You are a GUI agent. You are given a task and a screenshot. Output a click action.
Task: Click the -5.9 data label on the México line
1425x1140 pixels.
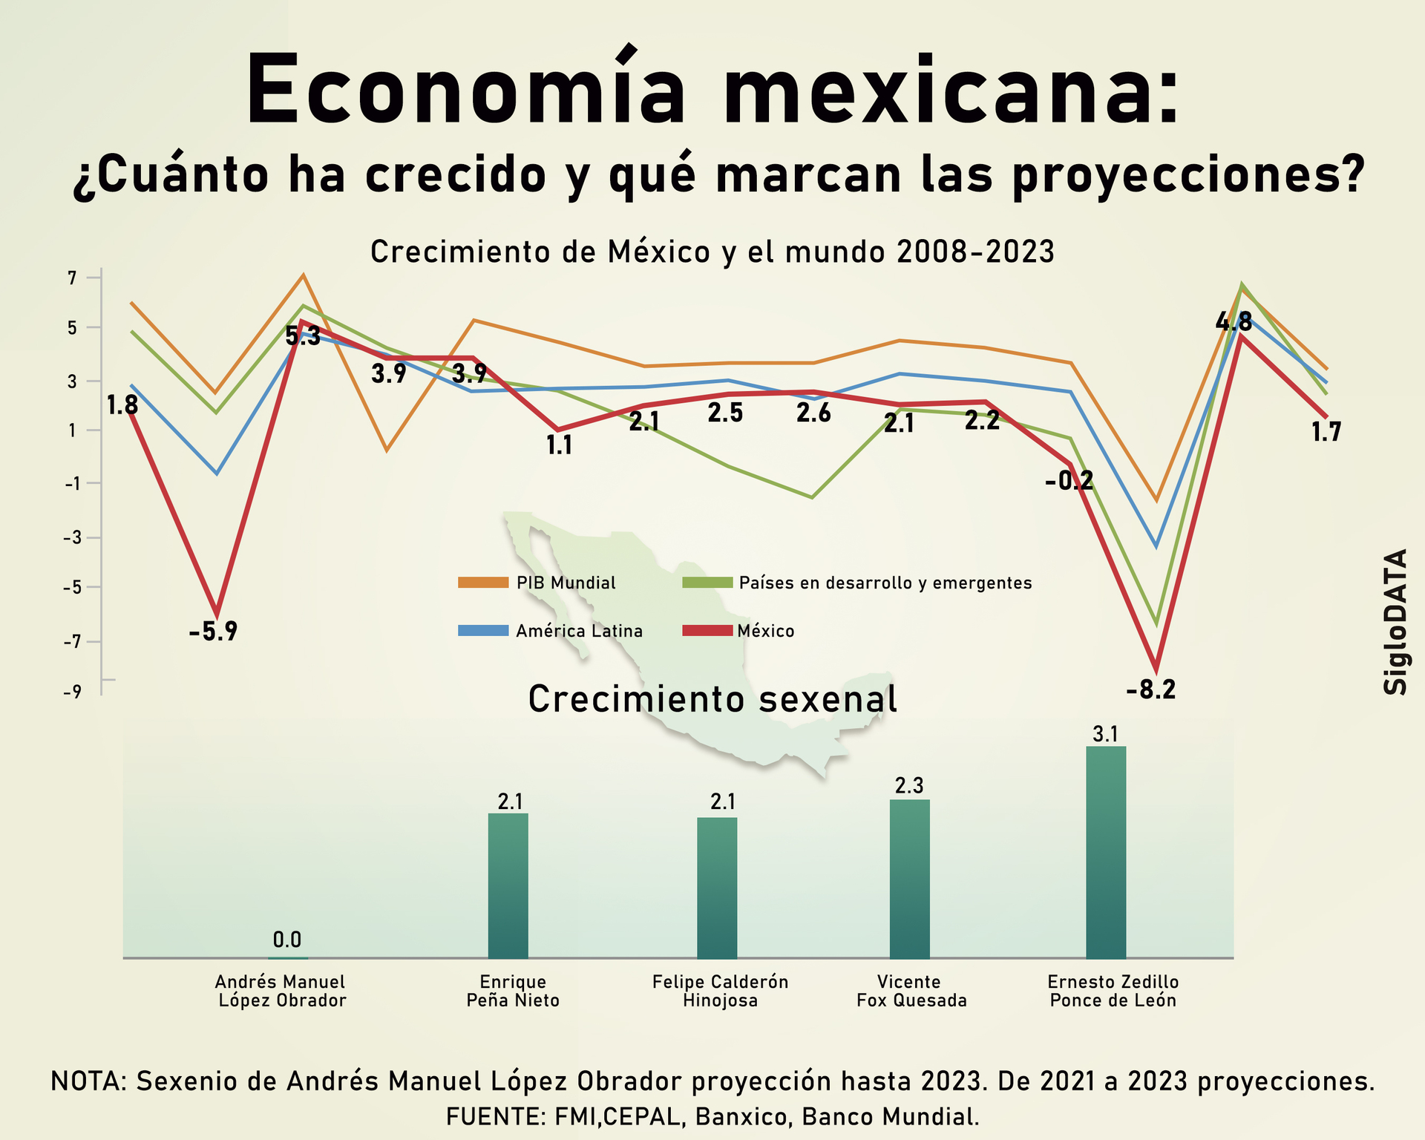pos(213,632)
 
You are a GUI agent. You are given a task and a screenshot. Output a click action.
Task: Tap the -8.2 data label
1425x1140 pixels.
pos(1151,690)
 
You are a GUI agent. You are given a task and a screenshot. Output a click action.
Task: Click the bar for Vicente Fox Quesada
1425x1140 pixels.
pos(909,879)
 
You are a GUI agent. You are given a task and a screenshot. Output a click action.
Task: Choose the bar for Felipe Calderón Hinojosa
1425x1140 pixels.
pos(717,888)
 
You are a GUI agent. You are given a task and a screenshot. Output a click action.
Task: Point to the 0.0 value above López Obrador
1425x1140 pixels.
pos(287,940)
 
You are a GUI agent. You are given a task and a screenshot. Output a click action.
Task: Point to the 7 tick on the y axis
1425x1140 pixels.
pos(72,278)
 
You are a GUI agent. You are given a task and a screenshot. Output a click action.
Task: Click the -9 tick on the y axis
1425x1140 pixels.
pos(72,692)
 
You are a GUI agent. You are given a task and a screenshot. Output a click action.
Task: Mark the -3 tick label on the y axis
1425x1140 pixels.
pos(72,537)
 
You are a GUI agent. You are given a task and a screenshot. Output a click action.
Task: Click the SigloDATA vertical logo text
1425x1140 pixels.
pos(1395,621)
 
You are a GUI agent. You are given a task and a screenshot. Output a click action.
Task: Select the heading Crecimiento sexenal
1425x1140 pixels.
pos(712,699)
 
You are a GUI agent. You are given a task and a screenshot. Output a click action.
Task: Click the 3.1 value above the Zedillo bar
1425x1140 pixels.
pos(1106,734)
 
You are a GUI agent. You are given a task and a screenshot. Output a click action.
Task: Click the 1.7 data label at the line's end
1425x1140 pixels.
pos(1326,432)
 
